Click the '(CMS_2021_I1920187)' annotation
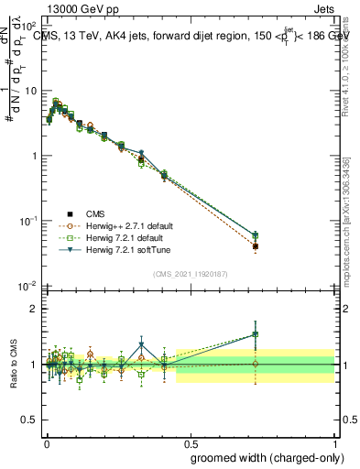pos(190,272)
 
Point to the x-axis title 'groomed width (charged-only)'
pos(263,457)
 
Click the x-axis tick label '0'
pos(46,441)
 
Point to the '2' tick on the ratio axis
pos(34,309)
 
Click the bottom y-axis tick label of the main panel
pos(28,286)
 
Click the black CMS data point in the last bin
pos(256,246)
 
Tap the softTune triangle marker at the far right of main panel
pos(256,235)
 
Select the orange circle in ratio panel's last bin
pos(256,364)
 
